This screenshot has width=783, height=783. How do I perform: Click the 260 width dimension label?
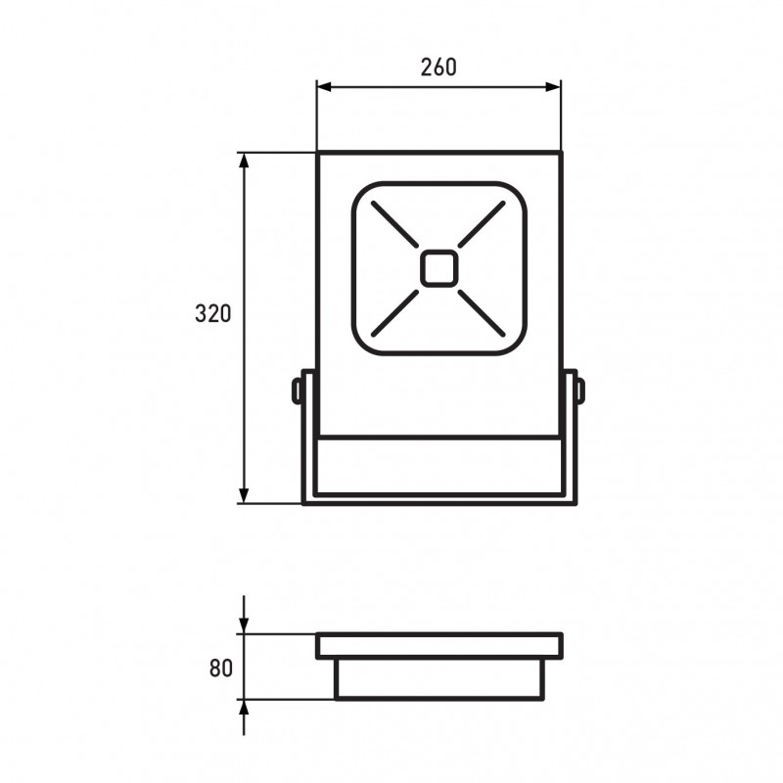[438, 68]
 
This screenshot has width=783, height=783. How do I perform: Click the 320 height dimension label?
[213, 313]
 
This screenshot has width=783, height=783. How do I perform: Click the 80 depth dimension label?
[221, 668]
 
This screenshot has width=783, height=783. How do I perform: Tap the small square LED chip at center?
[438, 268]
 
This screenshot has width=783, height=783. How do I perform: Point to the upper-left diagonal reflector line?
[394, 224]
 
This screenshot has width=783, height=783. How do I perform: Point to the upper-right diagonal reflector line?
[482, 224]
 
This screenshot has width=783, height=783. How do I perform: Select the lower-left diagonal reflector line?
[395, 313]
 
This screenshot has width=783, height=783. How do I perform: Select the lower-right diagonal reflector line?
[482, 313]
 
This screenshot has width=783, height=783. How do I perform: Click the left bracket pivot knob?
[297, 391]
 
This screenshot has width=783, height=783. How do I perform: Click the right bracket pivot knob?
[580, 391]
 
